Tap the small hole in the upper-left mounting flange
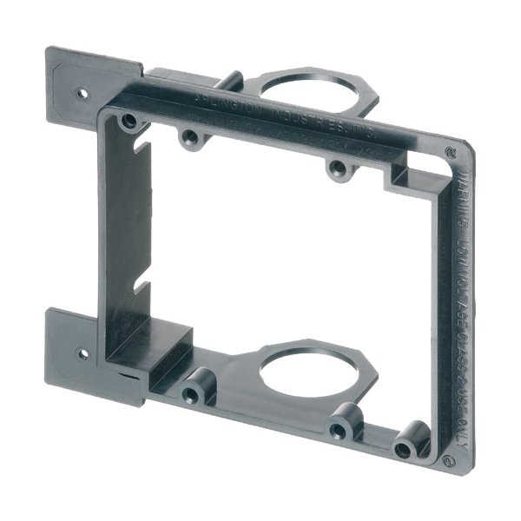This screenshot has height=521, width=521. click(x=83, y=90)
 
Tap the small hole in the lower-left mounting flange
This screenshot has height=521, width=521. click(x=83, y=354)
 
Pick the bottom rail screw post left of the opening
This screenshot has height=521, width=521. click(x=192, y=393)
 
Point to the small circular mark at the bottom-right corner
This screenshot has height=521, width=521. click(x=449, y=458)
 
